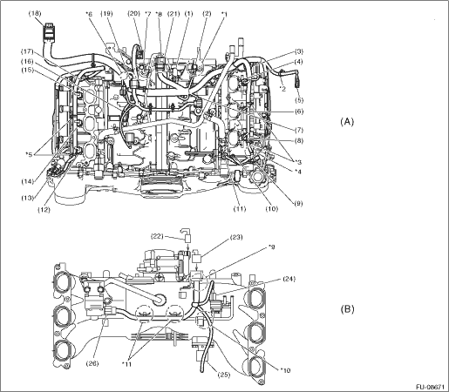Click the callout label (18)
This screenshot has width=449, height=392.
click(36, 13)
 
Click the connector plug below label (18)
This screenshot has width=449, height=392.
click(48, 31)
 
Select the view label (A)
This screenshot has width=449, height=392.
click(347, 121)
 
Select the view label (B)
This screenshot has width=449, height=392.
click(347, 308)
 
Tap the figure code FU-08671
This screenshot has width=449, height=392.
click(430, 387)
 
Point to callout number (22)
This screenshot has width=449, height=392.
click(157, 236)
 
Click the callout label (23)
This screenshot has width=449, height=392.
click(236, 237)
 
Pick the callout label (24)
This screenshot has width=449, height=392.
click(289, 279)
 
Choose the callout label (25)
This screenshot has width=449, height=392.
click(223, 375)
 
